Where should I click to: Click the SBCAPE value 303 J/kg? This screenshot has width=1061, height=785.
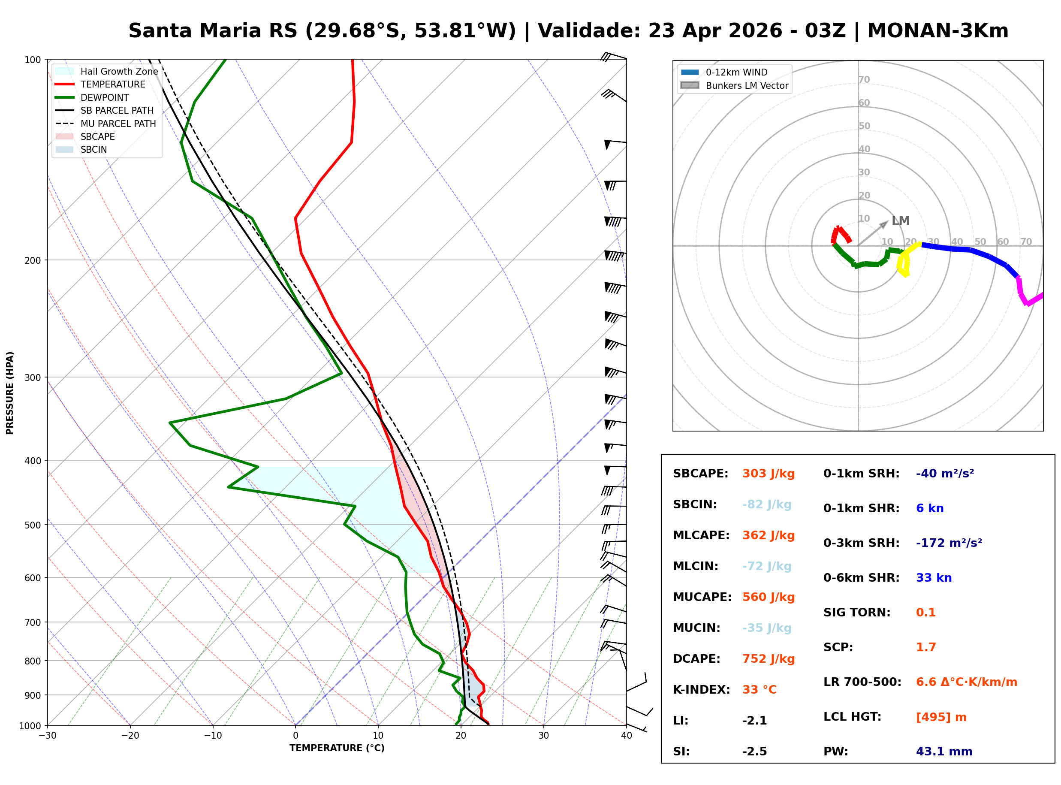(768, 474)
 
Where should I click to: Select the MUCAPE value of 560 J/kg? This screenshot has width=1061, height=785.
(768, 597)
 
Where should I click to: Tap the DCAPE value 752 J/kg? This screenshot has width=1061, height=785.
(768, 659)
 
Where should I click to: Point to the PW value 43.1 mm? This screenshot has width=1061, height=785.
(943, 752)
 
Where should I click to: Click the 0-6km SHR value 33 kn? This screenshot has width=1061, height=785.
(933, 578)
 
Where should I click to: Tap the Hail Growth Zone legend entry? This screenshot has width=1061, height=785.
(119, 72)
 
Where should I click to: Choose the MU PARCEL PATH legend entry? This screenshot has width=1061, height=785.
(118, 124)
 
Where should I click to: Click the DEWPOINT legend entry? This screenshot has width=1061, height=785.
(105, 98)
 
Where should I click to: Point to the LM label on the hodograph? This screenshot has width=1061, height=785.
(900, 221)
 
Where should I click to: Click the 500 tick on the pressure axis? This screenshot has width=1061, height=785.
(33, 525)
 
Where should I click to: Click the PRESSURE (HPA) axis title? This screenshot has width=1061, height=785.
(10, 393)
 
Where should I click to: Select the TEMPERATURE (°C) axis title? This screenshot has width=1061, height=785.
(337, 749)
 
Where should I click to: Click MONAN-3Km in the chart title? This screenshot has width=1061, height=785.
(937, 31)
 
